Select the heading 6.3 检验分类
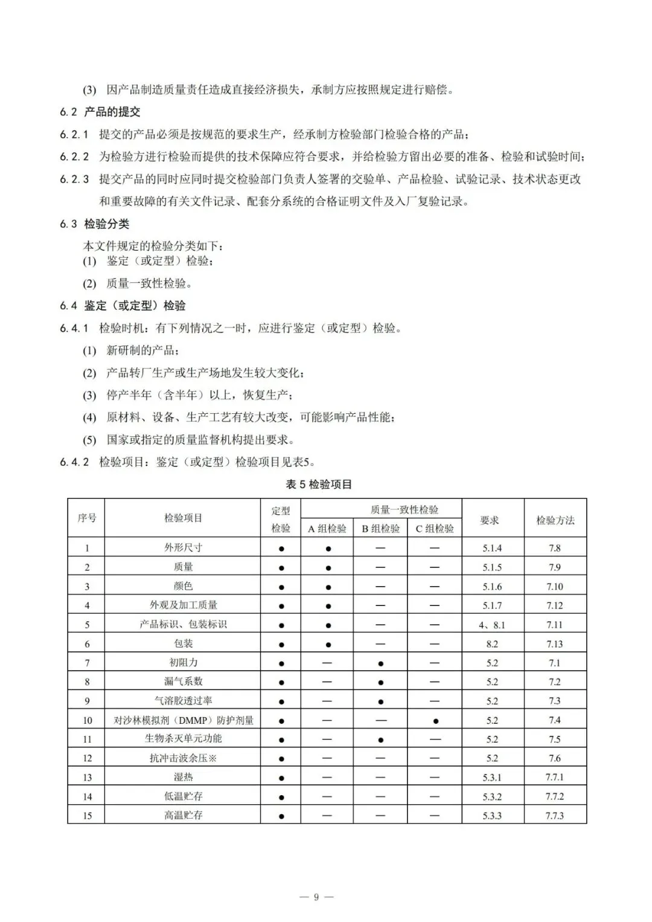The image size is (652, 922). [95, 224]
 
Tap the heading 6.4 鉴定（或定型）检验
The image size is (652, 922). [123, 306]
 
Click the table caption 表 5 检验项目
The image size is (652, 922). [319, 485]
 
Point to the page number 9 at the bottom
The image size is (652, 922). [316, 897]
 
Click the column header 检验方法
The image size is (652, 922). [555, 520]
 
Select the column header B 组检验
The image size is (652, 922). [380, 529]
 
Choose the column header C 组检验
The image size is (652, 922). [435, 529]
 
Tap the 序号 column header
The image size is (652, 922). [86, 518]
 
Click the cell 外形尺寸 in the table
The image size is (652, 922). [184, 548]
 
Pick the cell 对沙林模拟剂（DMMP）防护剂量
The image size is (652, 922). [184, 720]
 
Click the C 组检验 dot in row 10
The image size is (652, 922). [435, 721]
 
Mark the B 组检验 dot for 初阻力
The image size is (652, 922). [380, 663]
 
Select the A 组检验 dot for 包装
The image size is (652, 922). [328, 645]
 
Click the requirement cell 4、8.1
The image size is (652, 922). [492, 625]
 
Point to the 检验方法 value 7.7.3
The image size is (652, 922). [555, 816]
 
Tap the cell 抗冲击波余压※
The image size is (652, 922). [184, 758]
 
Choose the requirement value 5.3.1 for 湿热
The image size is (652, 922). [492, 778]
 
